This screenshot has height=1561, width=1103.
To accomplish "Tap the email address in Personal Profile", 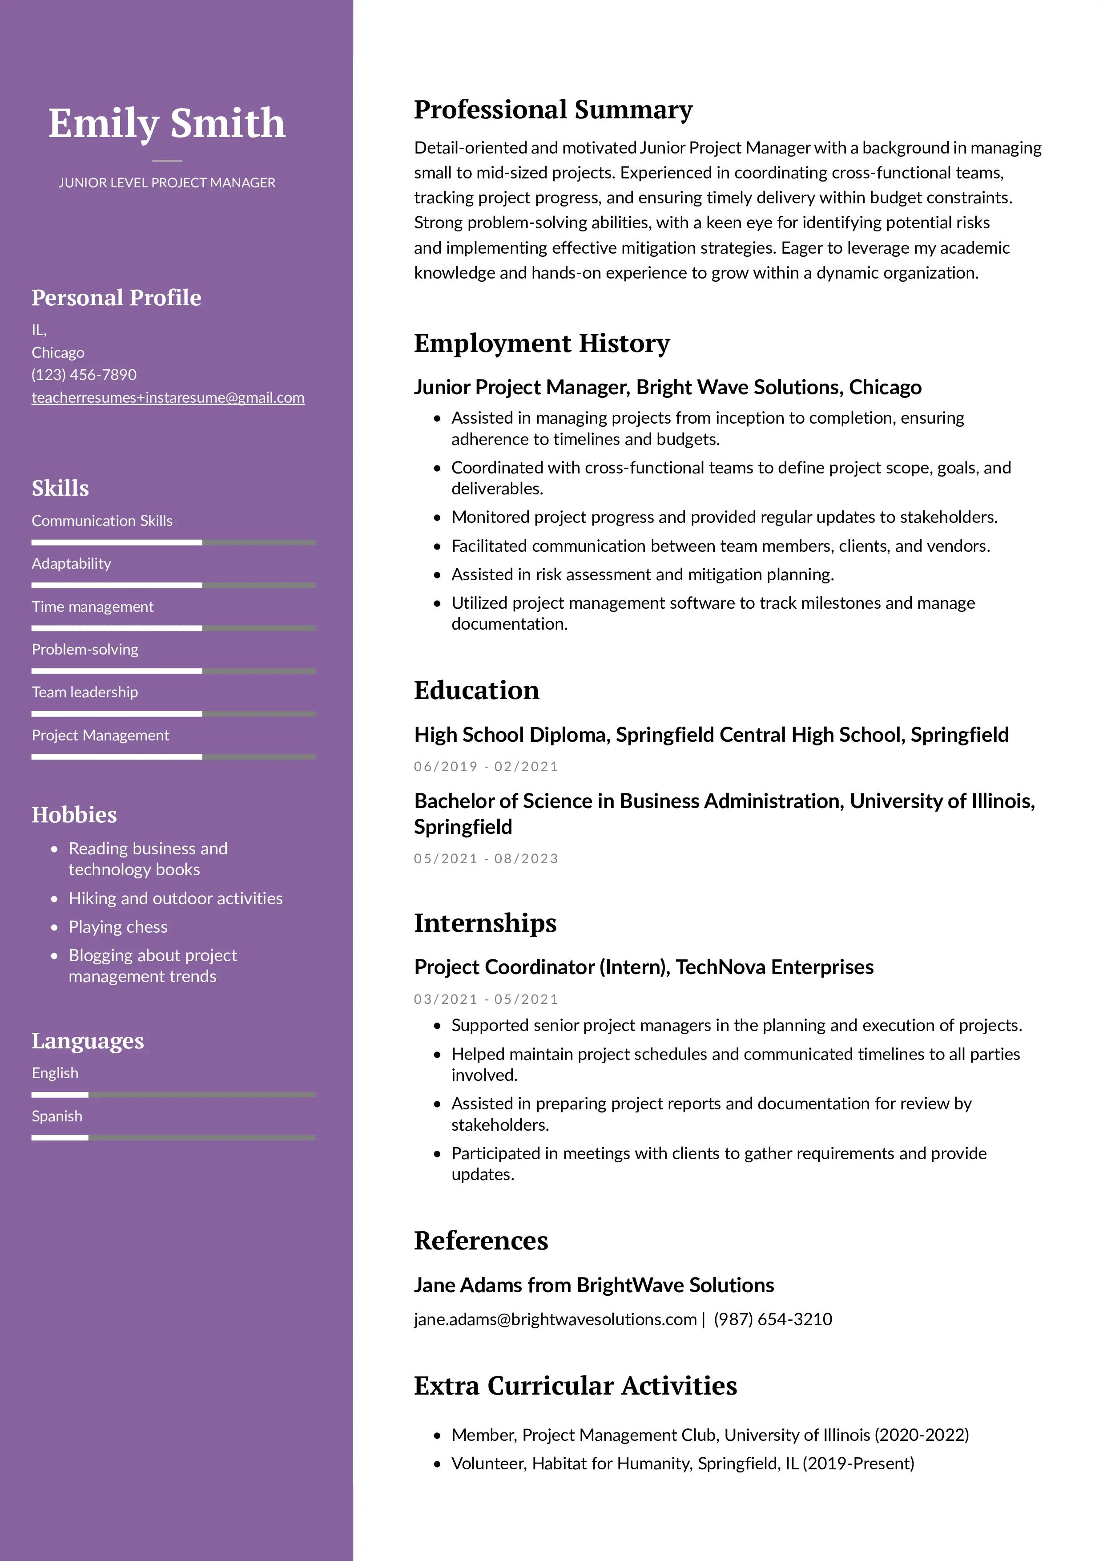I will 168,398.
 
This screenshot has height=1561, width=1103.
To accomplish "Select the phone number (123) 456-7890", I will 84,375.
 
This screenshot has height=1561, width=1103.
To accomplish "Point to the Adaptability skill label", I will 71,564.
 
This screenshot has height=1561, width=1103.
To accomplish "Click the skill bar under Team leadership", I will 173,714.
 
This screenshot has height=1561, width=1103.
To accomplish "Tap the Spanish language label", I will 56,1116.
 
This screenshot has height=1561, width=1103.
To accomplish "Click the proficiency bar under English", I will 173,1095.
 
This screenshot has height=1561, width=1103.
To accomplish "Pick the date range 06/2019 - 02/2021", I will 486,767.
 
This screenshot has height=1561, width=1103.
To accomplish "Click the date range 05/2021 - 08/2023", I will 486,859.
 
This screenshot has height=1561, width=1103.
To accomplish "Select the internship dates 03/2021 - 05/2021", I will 486,999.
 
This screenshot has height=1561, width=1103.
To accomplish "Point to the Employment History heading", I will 542,344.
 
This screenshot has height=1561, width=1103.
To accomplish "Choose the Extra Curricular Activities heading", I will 575,1386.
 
